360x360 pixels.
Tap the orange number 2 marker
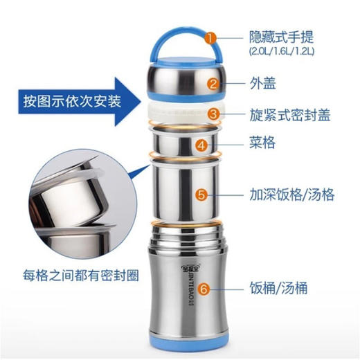click(214, 84)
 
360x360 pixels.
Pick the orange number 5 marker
click(201, 195)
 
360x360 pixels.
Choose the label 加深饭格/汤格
click(291, 195)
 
